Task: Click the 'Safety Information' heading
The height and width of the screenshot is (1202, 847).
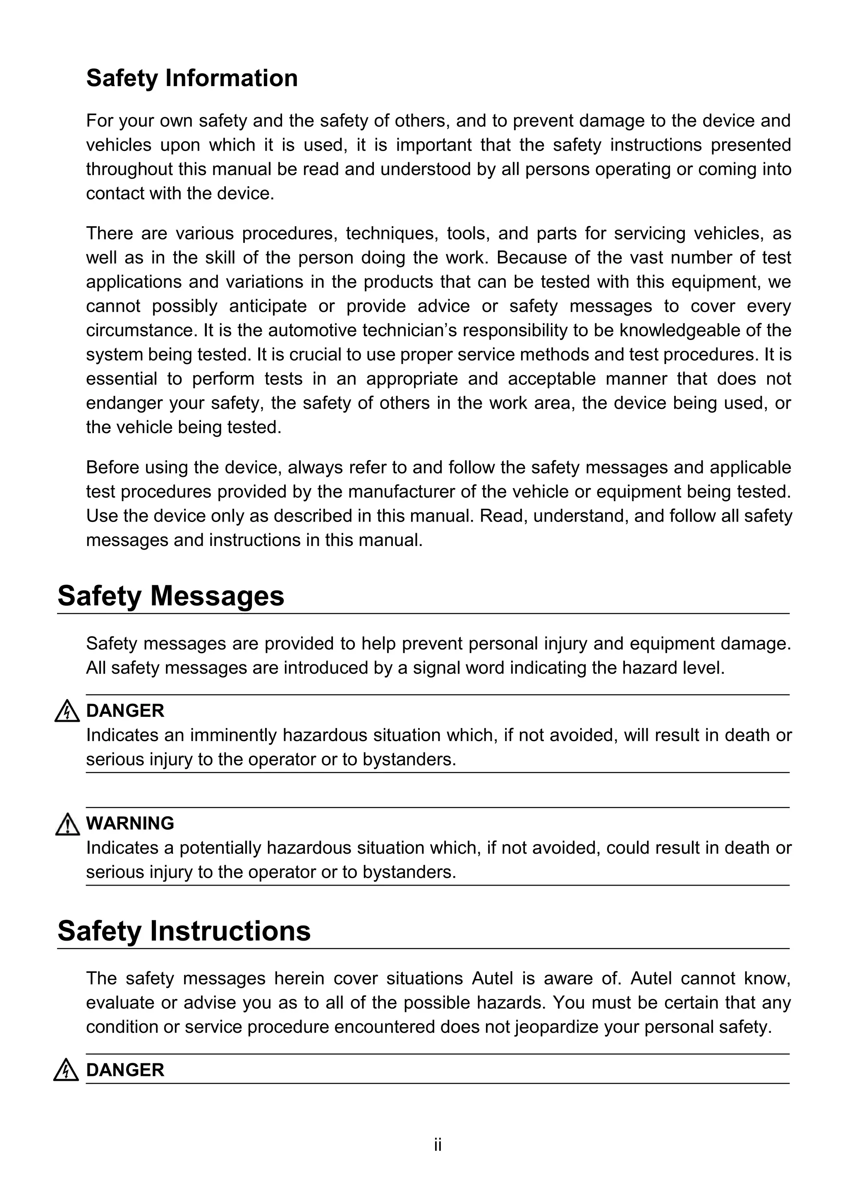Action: pos(191,79)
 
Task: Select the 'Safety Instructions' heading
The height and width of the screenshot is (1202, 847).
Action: pos(184,931)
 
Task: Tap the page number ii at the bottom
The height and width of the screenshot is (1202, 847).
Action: pos(438,1145)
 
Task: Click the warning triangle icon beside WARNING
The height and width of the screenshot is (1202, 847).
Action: pos(67,824)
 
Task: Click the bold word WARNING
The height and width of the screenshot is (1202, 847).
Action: pos(130,824)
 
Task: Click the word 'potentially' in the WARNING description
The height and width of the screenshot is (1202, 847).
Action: pos(220,848)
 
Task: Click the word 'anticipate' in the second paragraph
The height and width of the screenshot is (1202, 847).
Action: pos(268,306)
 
